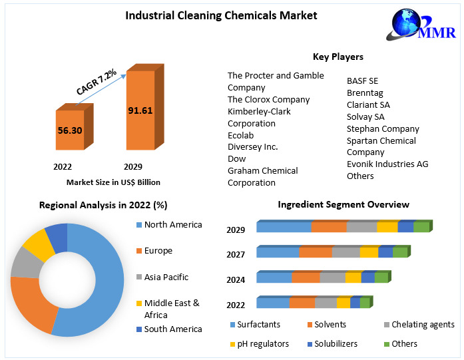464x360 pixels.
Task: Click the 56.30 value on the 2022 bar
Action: point(69,130)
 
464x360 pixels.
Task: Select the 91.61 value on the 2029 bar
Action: point(140,110)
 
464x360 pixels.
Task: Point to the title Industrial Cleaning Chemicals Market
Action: point(221,15)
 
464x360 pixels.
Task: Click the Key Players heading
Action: point(338,57)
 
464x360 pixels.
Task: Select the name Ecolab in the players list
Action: point(240,135)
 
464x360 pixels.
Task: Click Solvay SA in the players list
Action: point(365,116)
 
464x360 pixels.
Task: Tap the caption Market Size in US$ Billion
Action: point(113,182)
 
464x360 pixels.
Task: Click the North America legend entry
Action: point(172,225)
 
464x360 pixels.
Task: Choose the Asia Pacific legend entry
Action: point(166,277)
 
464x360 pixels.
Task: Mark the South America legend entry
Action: point(172,329)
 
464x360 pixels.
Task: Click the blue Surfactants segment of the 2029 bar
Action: point(284,227)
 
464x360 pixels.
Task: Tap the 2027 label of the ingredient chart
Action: point(236,254)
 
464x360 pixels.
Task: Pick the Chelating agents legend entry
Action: point(422,325)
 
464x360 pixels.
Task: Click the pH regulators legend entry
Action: point(263,343)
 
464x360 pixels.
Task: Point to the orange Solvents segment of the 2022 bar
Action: point(302,303)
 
